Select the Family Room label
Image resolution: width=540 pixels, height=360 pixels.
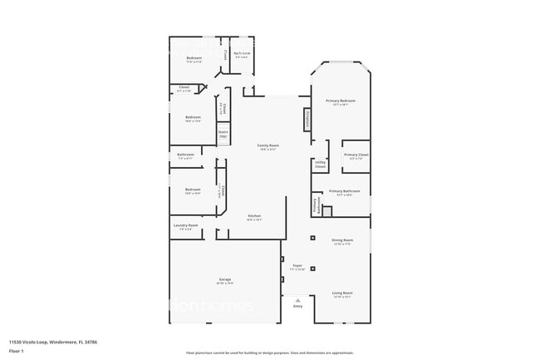point(268,145)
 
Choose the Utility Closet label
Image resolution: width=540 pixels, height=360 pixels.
point(321,165)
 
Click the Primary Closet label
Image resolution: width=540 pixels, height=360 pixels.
point(356,155)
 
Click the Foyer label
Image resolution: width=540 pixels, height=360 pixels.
point(297,268)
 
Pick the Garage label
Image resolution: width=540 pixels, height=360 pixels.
point(225,279)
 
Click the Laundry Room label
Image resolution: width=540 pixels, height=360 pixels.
point(185,225)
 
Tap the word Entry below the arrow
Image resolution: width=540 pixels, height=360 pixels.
point(298,306)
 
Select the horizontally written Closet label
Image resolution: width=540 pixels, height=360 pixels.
point(184,87)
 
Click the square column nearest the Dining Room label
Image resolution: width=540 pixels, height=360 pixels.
point(313,239)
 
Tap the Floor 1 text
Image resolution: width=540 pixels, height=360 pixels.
point(17,351)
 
